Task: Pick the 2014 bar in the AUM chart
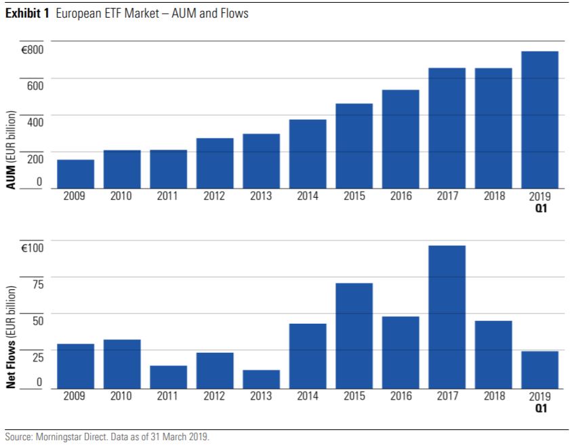[308, 154]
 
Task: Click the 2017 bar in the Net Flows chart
[447, 316]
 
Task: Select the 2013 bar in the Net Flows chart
[261, 379]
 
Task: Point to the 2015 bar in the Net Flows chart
[354, 335]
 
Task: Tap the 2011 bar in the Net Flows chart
[168, 377]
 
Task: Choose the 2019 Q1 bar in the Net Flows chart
[539, 369]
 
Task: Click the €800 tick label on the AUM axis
[32, 50]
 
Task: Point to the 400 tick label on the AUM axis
[34, 120]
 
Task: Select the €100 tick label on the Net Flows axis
[32, 249]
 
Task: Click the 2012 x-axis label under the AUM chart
[215, 196]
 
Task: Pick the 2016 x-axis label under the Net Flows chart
[401, 396]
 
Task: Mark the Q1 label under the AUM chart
[540, 209]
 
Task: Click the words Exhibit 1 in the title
[27, 14]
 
